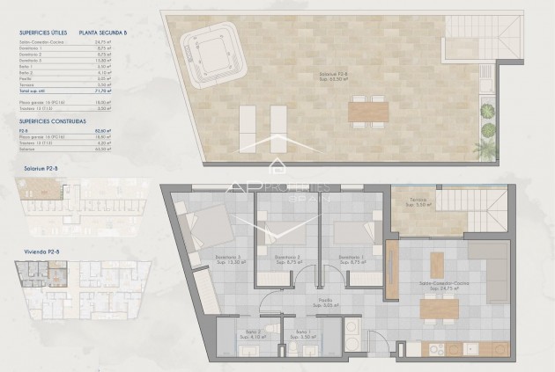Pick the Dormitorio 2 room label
click(286, 259)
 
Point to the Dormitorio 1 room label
click(351, 259)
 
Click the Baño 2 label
click(233, 334)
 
